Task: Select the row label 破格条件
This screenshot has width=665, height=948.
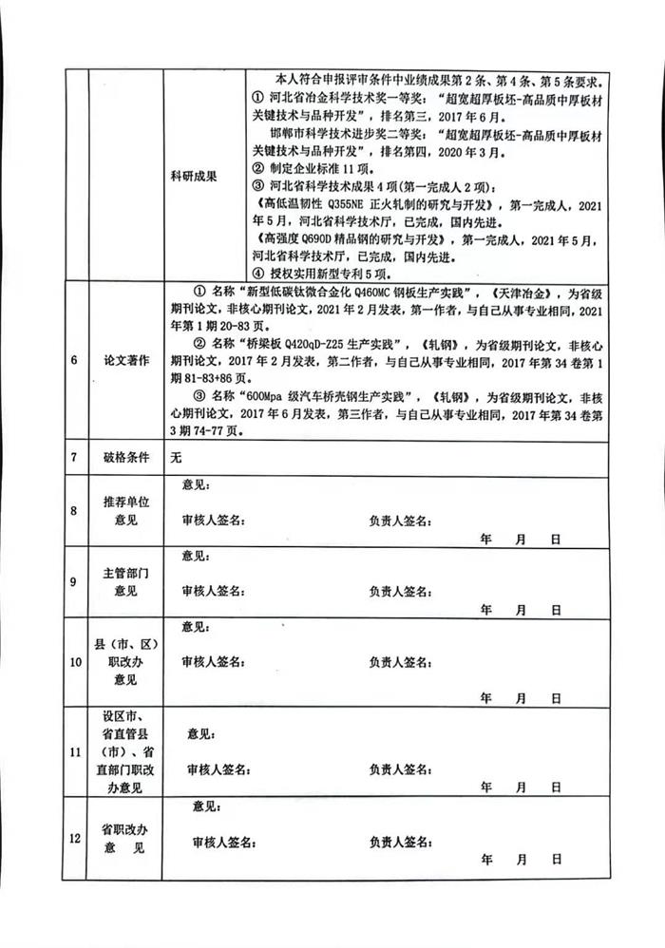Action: point(125,457)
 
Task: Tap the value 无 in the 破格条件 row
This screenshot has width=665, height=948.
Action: point(175,457)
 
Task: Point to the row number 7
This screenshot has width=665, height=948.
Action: point(73,457)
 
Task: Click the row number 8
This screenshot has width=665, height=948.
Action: point(73,511)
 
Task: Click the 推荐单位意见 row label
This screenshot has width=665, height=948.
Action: point(125,511)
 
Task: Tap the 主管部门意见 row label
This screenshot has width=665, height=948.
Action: point(125,582)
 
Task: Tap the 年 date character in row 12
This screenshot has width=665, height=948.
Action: point(486,859)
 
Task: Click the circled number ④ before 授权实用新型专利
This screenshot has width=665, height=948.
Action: point(258,272)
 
